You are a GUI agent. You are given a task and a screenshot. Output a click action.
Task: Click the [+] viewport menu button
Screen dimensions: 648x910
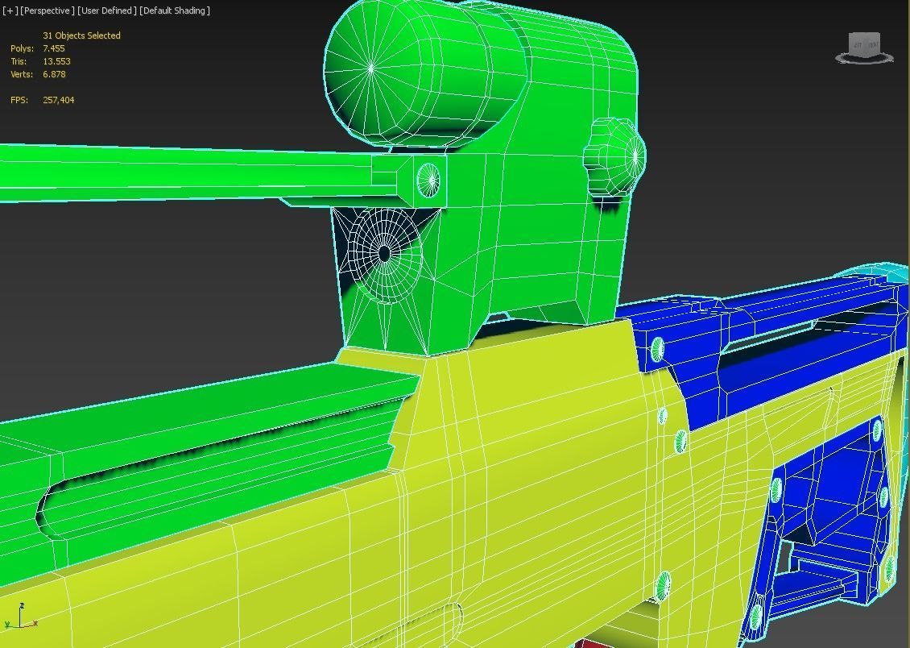point(10,10)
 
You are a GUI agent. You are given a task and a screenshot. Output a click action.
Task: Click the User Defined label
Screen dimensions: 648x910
point(106,10)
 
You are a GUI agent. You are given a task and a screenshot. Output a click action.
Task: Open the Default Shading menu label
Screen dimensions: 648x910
point(175,10)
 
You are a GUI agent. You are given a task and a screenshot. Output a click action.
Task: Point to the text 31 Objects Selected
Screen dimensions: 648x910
point(81,35)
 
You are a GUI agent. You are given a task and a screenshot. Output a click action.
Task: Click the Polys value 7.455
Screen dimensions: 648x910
point(54,48)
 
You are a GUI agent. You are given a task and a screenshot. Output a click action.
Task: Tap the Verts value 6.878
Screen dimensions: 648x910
point(54,74)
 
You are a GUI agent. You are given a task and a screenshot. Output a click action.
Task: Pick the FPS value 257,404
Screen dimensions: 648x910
point(58,100)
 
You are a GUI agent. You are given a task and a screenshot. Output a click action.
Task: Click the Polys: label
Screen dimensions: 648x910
point(22,48)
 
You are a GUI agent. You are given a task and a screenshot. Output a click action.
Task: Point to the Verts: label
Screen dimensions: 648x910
point(22,74)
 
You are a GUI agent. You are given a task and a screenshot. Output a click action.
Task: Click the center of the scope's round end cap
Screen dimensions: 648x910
point(371,69)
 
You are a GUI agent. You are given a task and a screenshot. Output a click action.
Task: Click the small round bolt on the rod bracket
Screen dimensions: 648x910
point(428,179)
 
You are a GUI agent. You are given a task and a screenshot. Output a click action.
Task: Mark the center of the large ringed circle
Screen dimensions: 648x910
point(385,253)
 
